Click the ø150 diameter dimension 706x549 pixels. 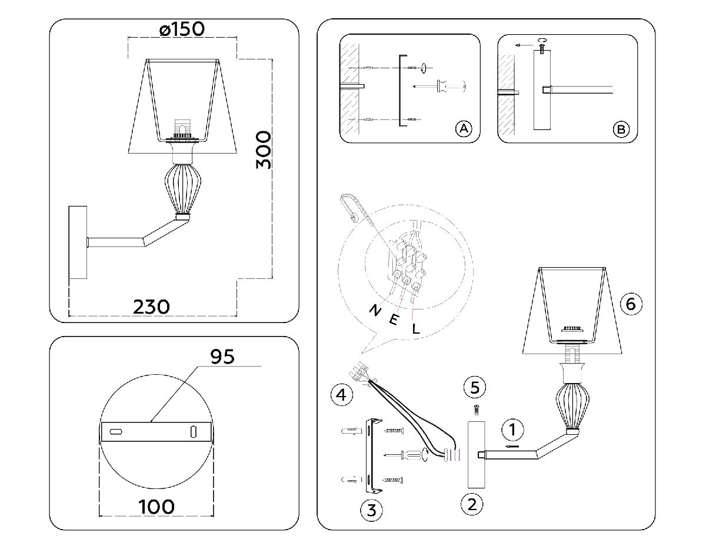pyautogui.click(x=182, y=29)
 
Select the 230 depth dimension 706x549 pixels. pyautogui.click(x=152, y=307)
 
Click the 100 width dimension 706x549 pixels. pyautogui.click(x=156, y=506)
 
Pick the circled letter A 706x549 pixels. pyautogui.click(x=464, y=129)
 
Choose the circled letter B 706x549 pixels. pyautogui.click(x=621, y=129)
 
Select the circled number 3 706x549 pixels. pyautogui.click(x=371, y=510)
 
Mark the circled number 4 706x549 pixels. pyautogui.click(x=341, y=394)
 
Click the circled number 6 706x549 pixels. pyautogui.click(x=631, y=304)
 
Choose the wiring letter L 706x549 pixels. pyautogui.click(x=415, y=329)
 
